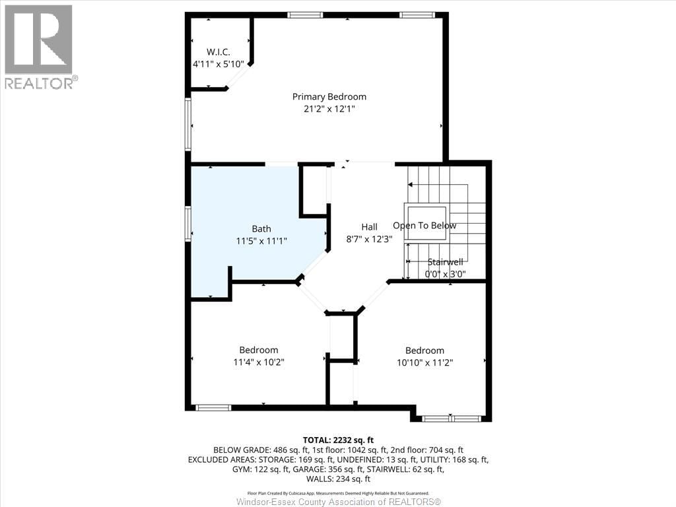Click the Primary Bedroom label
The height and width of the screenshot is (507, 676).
pyautogui.click(x=329, y=96)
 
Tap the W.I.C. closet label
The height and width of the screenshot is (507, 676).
pyautogui.click(x=218, y=51)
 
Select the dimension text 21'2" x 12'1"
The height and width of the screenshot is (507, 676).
pyautogui.click(x=329, y=109)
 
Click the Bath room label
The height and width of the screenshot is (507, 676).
pyautogui.click(x=261, y=229)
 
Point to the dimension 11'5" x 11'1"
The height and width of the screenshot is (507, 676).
pyautogui.click(x=261, y=242)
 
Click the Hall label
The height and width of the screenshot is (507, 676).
pyautogui.click(x=369, y=227)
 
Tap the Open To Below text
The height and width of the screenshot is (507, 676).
pyautogui.click(x=424, y=226)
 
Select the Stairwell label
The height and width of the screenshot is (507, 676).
pyautogui.click(x=445, y=262)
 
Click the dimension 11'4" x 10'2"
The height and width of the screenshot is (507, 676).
pyautogui.click(x=258, y=362)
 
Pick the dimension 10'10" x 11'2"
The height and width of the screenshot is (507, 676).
pyautogui.click(x=424, y=362)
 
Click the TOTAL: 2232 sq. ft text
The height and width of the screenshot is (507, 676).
pyautogui.click(x=338, y=440)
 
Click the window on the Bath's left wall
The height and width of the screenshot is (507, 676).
pyautogui.click(x=188, y=223)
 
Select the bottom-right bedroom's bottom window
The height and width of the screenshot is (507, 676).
pyautogui.click(x=452, y=418)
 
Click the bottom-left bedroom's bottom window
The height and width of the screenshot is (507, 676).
pyautogui.click(x=213, y=407)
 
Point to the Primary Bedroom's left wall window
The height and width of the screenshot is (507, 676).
pyautogui.click(x=188, y=124)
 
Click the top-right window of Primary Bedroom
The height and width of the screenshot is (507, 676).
pyautogui.click(x=417, y=15)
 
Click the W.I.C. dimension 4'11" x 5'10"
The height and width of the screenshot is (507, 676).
pyautogui.click(x=218, y=64)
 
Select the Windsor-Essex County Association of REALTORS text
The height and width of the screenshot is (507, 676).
pyautogui.click(x=338, y=502)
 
